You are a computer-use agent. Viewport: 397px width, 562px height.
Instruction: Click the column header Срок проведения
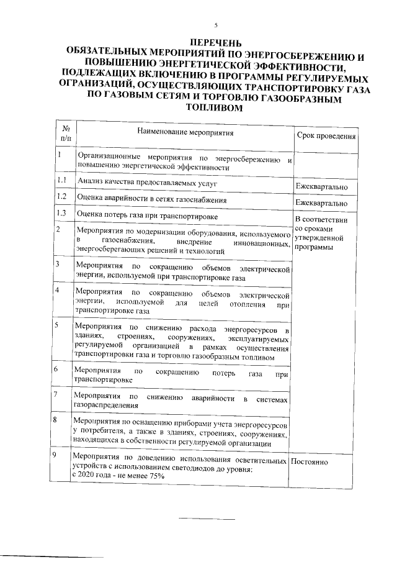pos(326,136)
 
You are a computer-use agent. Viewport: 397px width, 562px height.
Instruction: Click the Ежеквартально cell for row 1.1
pos(321,187)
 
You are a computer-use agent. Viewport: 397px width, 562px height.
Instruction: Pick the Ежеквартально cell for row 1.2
pos(321,203)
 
